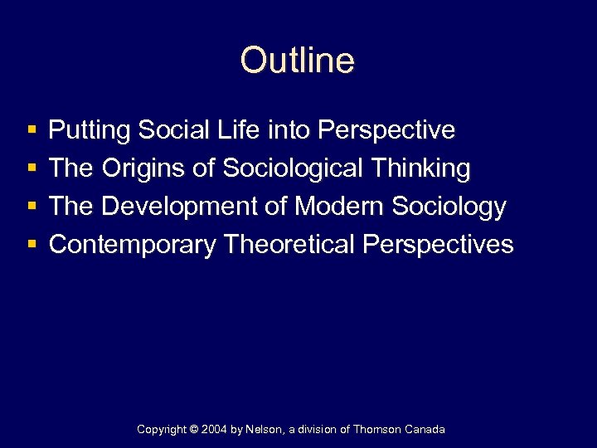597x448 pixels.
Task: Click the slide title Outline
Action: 298,60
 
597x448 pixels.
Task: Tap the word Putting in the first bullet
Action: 90,130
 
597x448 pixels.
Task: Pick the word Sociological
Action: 293,168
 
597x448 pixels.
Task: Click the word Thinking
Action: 424,168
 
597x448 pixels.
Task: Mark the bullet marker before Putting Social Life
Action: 32,131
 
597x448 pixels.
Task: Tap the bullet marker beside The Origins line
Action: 32,169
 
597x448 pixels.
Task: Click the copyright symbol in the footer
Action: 196,430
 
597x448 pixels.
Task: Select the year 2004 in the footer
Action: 216,430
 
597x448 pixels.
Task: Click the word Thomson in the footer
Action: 378,430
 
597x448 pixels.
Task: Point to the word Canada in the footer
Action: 425,430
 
